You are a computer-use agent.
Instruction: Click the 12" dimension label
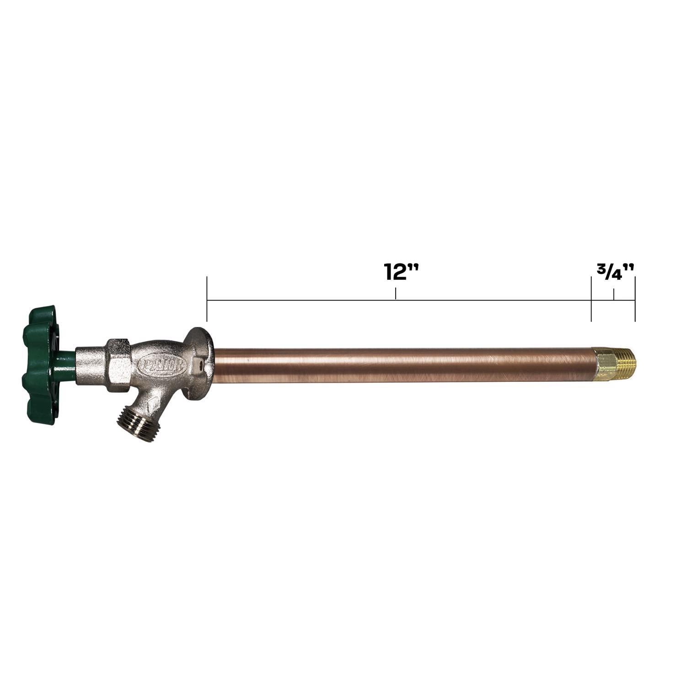[401, 272]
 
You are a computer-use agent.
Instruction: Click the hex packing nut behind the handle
[118, 364]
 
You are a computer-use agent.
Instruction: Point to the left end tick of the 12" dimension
[207, 300]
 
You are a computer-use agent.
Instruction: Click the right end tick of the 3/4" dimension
[635, 300]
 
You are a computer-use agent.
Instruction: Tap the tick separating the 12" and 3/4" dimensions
[591, 300]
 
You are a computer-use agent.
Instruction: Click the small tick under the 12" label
[396, 294]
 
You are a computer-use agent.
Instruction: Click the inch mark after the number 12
[415, 267]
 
